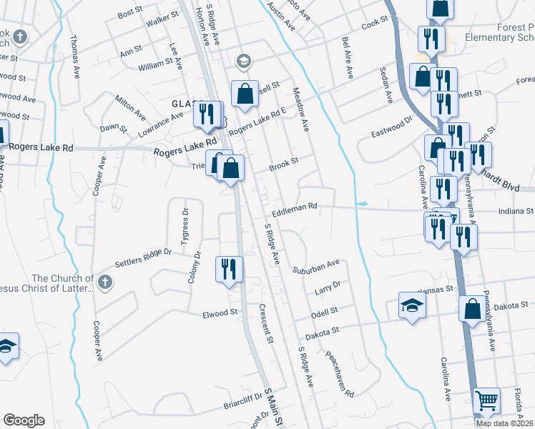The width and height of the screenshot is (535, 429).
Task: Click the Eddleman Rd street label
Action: [x=294, y=207]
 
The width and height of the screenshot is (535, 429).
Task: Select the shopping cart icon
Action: [x=486, y=401]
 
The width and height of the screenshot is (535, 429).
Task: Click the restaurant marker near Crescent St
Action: [x=229, y=270]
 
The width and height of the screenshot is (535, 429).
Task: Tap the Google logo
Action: [x=24, y=420]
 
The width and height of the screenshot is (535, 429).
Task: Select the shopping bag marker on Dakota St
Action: [x=472, y=309]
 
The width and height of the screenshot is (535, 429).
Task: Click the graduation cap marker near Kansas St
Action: [x=411, y=306]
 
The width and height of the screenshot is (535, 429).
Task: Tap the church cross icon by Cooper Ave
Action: [x=105, y=280]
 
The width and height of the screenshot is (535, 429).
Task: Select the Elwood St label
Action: [x=220, y=313]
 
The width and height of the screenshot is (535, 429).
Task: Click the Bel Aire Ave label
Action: [x=348, y=58]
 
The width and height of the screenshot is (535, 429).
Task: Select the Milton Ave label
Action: [x=130, y=107]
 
